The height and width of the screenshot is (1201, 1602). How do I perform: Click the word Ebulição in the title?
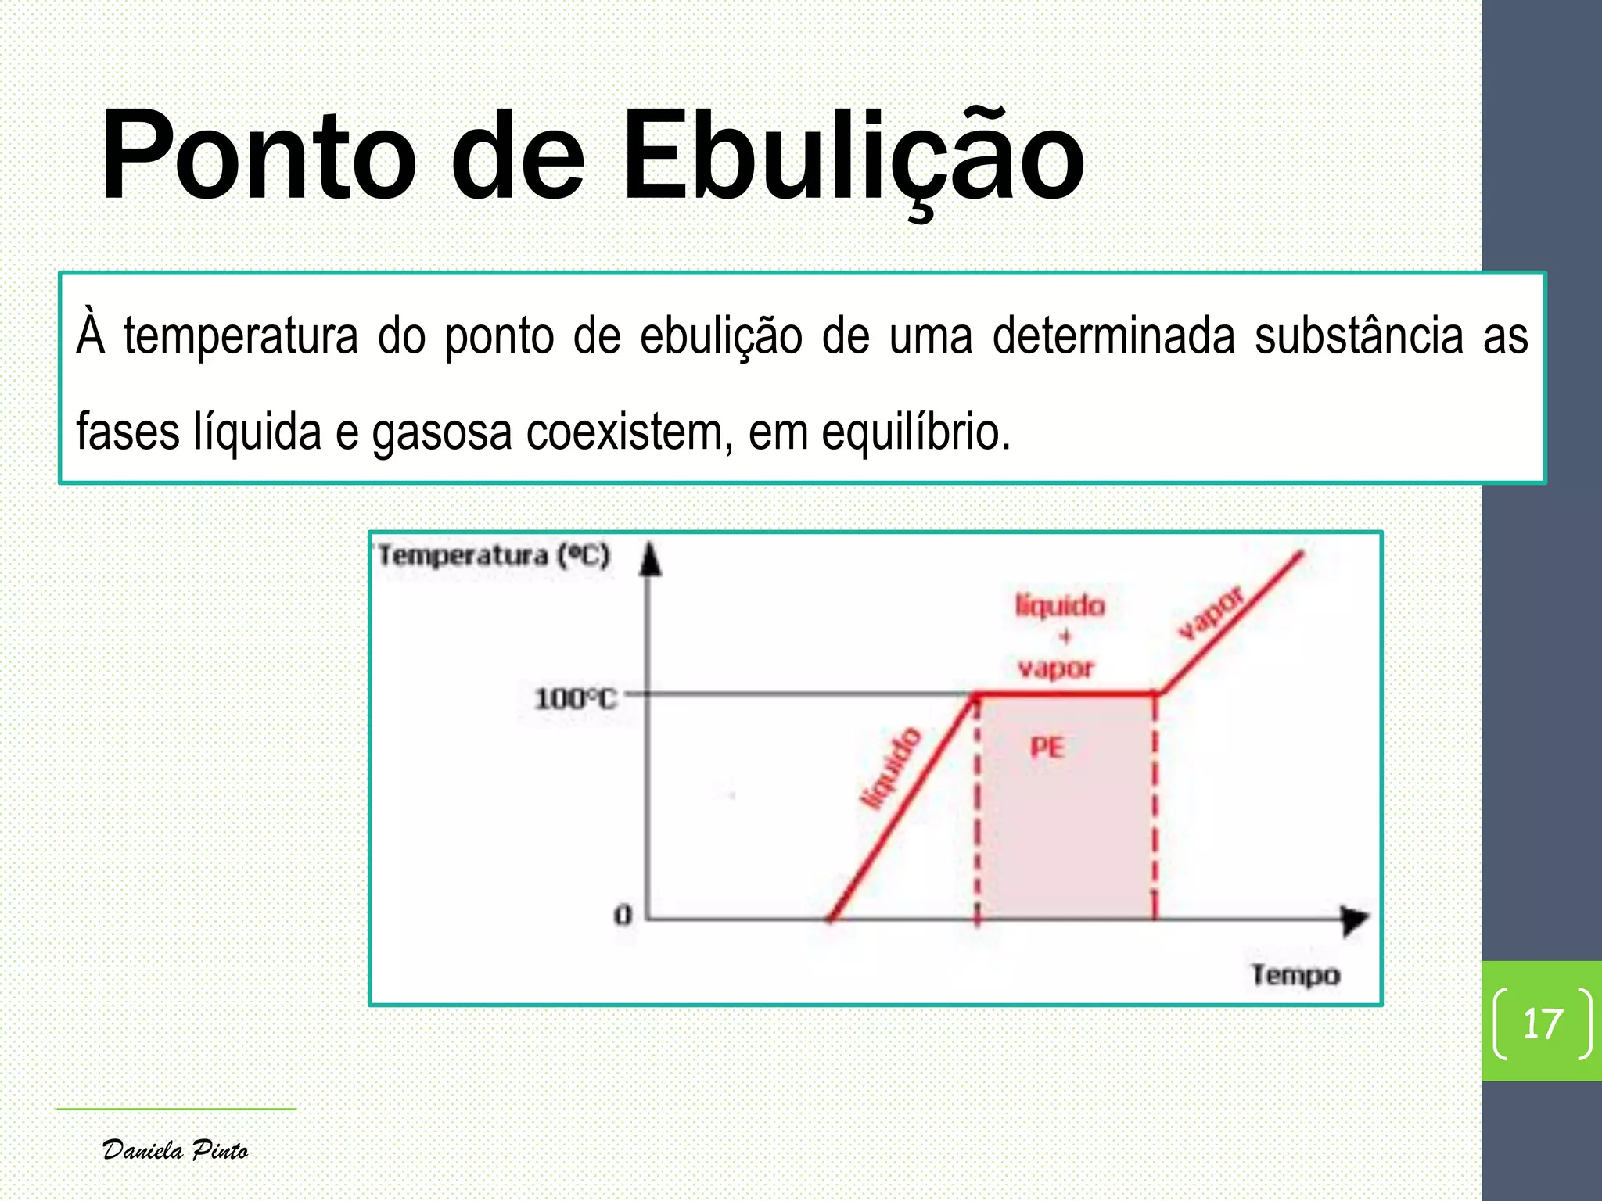(x=853, y=156)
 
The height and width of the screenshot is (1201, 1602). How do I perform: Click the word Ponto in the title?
(x=258, y=156)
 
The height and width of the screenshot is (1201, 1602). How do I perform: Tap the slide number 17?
(x=1543, y=1024)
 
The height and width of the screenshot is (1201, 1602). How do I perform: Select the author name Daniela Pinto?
(x=175, y=1150)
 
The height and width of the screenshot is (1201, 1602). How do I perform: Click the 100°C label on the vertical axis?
(x=575, y=698)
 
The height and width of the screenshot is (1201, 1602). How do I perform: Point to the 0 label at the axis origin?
(x=623, y=914)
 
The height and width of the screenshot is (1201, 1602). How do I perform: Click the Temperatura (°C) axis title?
(x=494, y=555)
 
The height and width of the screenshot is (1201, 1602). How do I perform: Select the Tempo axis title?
(x=1295, y=975)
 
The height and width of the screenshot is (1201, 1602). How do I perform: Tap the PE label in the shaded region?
(x=1047, y=747)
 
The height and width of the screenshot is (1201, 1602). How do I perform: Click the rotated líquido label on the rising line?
(x=890, y=768)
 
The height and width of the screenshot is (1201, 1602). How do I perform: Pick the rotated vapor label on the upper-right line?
(x=1211, y=613)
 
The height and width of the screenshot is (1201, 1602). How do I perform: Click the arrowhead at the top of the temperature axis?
(x=650, y=559)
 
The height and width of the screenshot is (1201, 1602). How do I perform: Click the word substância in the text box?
(x=1359, y=336)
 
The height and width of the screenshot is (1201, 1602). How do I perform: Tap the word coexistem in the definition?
(x=630, y=432)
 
